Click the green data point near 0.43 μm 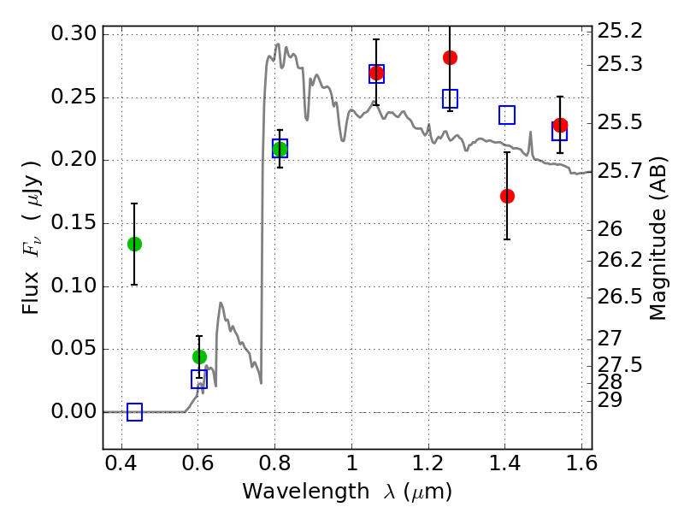click(134, 244)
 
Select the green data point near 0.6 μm click(199, 357)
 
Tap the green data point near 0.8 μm click(280, 150)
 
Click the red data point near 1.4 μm click(507, 196)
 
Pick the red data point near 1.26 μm click(450, 57)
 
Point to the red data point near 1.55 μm click(560, 125)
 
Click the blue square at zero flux click(134, 412)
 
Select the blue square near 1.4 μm click(507, 115)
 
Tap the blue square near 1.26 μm click(450, 98)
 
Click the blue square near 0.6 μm click(199, 380)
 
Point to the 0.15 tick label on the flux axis click(71, 223)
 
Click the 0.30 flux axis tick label click(71, 34)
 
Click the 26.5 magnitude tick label click(622, 297)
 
